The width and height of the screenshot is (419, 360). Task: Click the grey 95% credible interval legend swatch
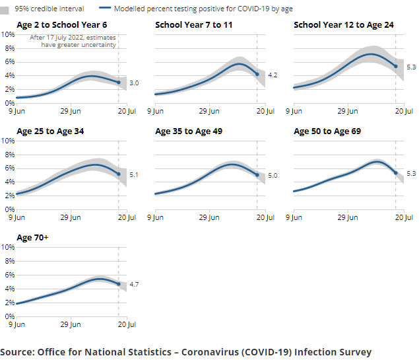(x=5, y=9)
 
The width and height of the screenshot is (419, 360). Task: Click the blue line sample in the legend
(x=104, y=9)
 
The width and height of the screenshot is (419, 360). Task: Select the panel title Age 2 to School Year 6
(x=61, y=25)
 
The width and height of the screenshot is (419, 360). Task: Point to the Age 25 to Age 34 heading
(x=50, y=131)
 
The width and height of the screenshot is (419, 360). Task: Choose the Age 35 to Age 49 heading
(x=189, y=131)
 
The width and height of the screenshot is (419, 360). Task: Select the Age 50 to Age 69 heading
(x=327, y=131)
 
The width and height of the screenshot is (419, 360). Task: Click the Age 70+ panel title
(x=32, y=237)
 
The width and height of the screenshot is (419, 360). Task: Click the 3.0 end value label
(x=134, y=83)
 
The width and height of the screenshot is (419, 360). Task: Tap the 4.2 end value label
(x=273, y=75)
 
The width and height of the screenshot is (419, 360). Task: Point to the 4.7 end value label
(x=134, y=284)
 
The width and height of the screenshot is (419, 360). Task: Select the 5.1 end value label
(x=134, y=175)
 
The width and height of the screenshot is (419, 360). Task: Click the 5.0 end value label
(x=273, y=176)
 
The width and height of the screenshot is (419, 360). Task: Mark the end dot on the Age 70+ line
(x=119, y=284)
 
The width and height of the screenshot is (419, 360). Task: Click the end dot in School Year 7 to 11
(x=257, y=74)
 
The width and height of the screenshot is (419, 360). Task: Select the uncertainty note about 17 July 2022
(x=73, y=42)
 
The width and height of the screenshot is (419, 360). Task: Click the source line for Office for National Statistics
(x=186, y=351)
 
